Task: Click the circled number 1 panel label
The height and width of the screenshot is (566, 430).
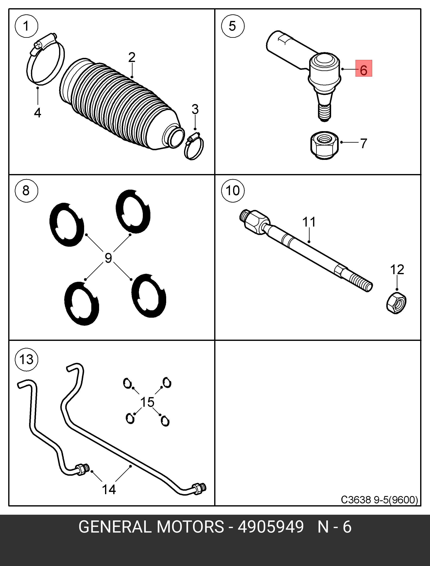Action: (26, 26)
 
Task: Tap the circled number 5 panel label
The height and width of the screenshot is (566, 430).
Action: (232, 26)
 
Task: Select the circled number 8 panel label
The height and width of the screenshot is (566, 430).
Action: (26, 191)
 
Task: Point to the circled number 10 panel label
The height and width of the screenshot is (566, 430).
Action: (233, 191)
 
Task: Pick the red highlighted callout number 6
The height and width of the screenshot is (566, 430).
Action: (364, 69)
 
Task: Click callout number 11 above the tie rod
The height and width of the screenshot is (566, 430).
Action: (309, 222)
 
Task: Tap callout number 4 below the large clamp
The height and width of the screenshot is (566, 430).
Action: (38, 112)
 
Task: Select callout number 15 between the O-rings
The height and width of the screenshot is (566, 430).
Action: (148, 402)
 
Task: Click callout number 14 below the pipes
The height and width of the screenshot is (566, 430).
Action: (109, 489)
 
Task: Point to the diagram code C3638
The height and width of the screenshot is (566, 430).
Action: (356, 500)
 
